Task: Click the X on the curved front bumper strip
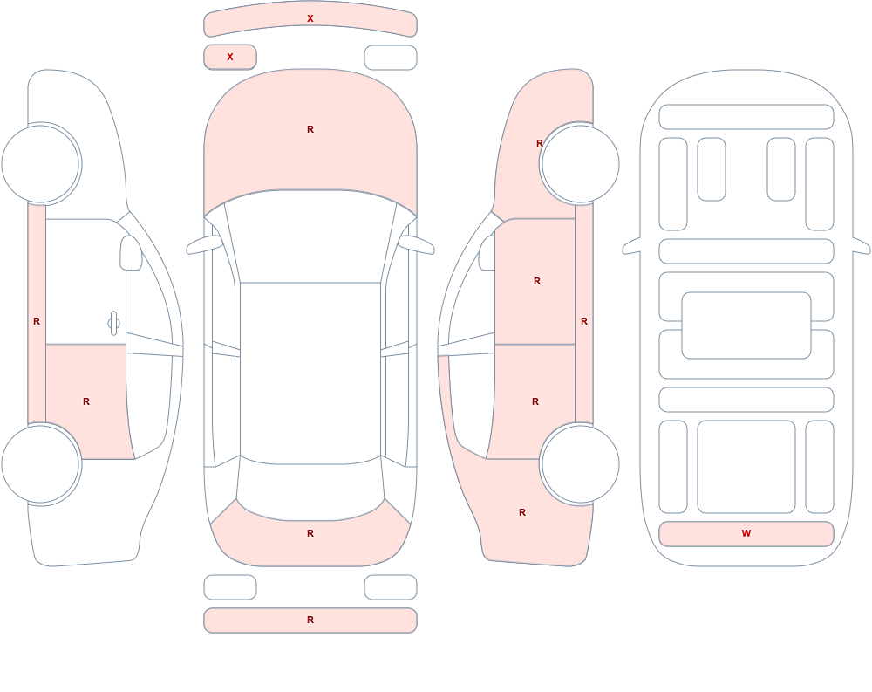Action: click(x=310, y=18)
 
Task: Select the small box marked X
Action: click(x=230, y=57)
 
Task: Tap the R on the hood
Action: click(x=310, y=129)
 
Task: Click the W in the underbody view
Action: click(x=746, y=533)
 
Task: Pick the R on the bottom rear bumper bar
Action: click(x=310, y=620)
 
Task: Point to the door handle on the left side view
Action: click(x=113, y=324)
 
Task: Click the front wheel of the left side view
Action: click(x=41, y=164)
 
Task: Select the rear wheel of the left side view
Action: click(x=41, y=463)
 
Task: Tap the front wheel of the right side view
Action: click(x=580, y=164)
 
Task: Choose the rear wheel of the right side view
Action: click(x=580, y=463)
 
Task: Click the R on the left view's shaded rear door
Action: click(x=86, y=401)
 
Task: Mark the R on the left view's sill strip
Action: click(x=37, y=321)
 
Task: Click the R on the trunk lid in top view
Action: click(x=310, y=533)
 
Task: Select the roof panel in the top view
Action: click(x=310, y=373)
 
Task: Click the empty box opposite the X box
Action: click(x=391, y=58)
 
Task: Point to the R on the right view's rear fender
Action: click(x=522, y=512)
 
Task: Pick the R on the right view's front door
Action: click(x=537, y=281)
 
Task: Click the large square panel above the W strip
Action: click(x=746, y=467)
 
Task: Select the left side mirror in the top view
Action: click(x=203, y=245)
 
